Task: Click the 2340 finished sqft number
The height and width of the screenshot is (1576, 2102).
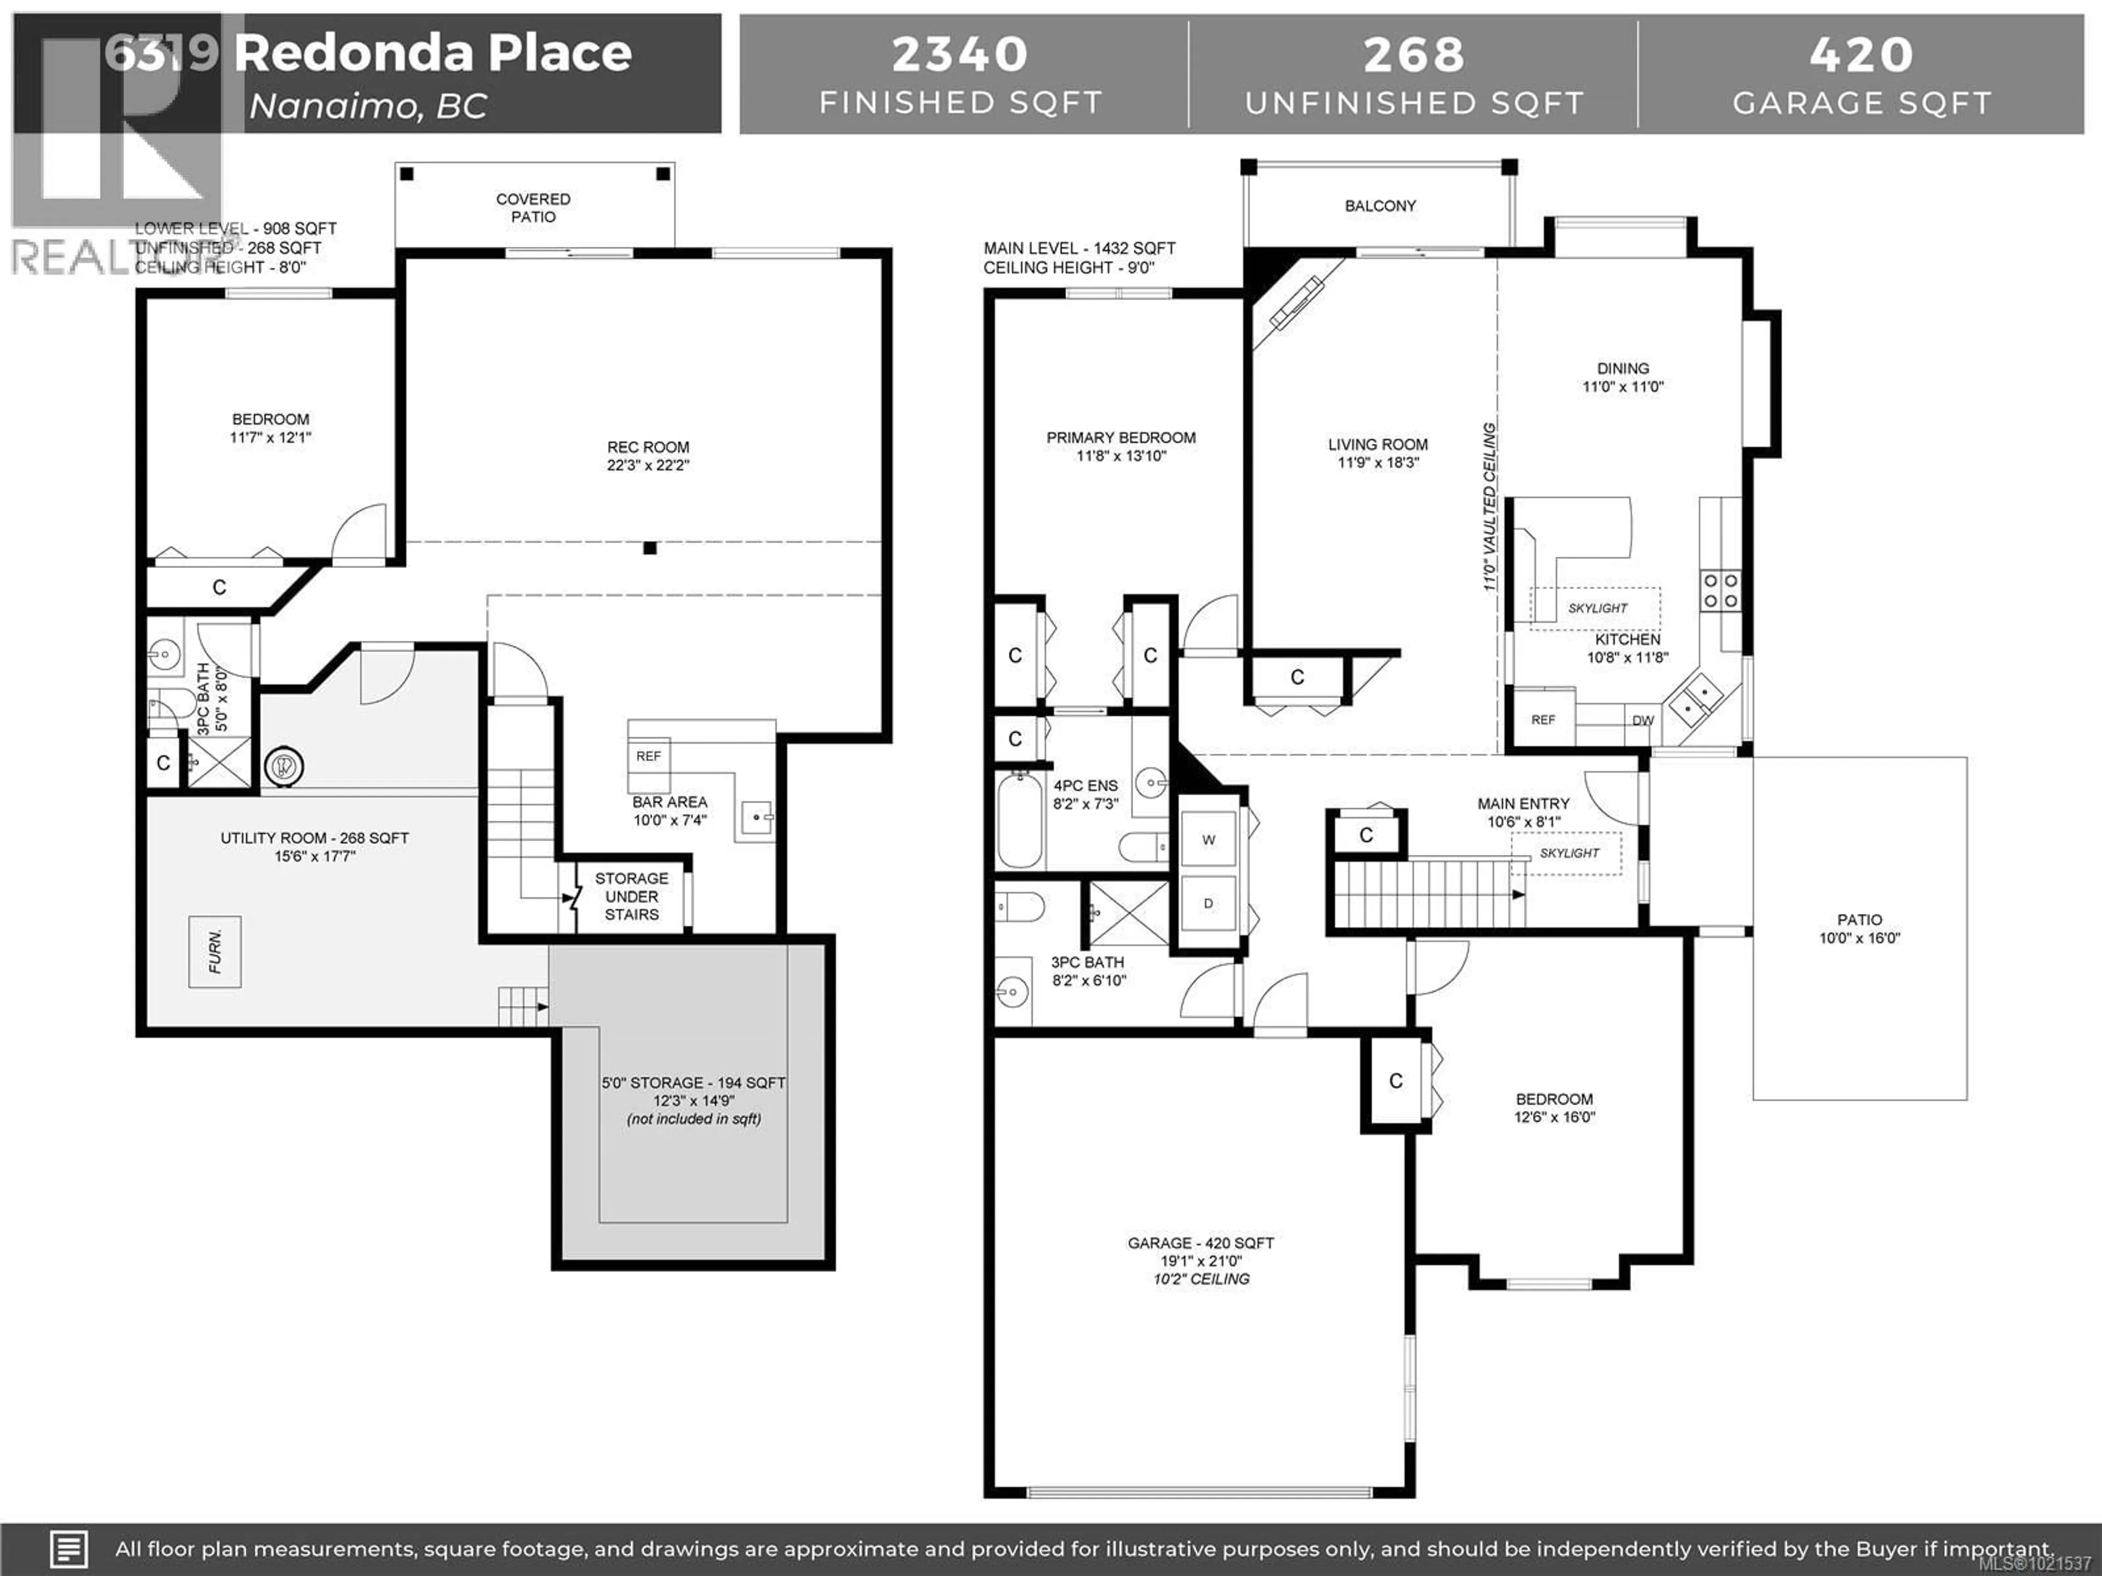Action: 960,54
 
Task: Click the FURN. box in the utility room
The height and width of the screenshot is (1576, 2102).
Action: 215,952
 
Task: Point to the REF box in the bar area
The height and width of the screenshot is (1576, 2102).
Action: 648,756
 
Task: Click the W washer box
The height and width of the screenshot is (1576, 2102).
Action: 1209,840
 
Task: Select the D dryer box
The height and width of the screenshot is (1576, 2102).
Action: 1209,903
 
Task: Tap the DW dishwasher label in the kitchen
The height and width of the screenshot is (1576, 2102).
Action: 1643,720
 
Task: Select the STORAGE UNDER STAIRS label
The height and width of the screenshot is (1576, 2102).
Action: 631,896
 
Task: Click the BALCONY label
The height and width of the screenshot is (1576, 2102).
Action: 1380,205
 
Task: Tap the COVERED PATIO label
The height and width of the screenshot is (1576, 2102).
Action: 533,207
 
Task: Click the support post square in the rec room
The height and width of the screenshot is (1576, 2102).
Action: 650,548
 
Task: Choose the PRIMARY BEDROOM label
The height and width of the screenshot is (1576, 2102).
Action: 1121,438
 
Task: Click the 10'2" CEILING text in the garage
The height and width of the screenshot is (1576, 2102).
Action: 1201,1279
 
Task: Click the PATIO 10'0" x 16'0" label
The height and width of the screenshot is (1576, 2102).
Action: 1859,928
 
